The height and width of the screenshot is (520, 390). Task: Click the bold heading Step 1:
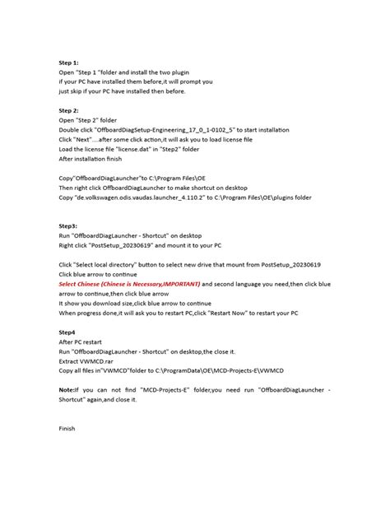coord(69,63)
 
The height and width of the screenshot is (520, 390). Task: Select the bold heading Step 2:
coord(69,109)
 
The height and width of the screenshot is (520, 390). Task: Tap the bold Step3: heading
coord(68,225)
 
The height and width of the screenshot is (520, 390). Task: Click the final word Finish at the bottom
coord(67,428)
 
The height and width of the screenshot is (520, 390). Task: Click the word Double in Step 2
coord(71,128)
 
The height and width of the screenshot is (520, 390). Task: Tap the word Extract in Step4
coord(71,360)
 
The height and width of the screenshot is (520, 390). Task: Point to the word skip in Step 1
coord(80,91)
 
